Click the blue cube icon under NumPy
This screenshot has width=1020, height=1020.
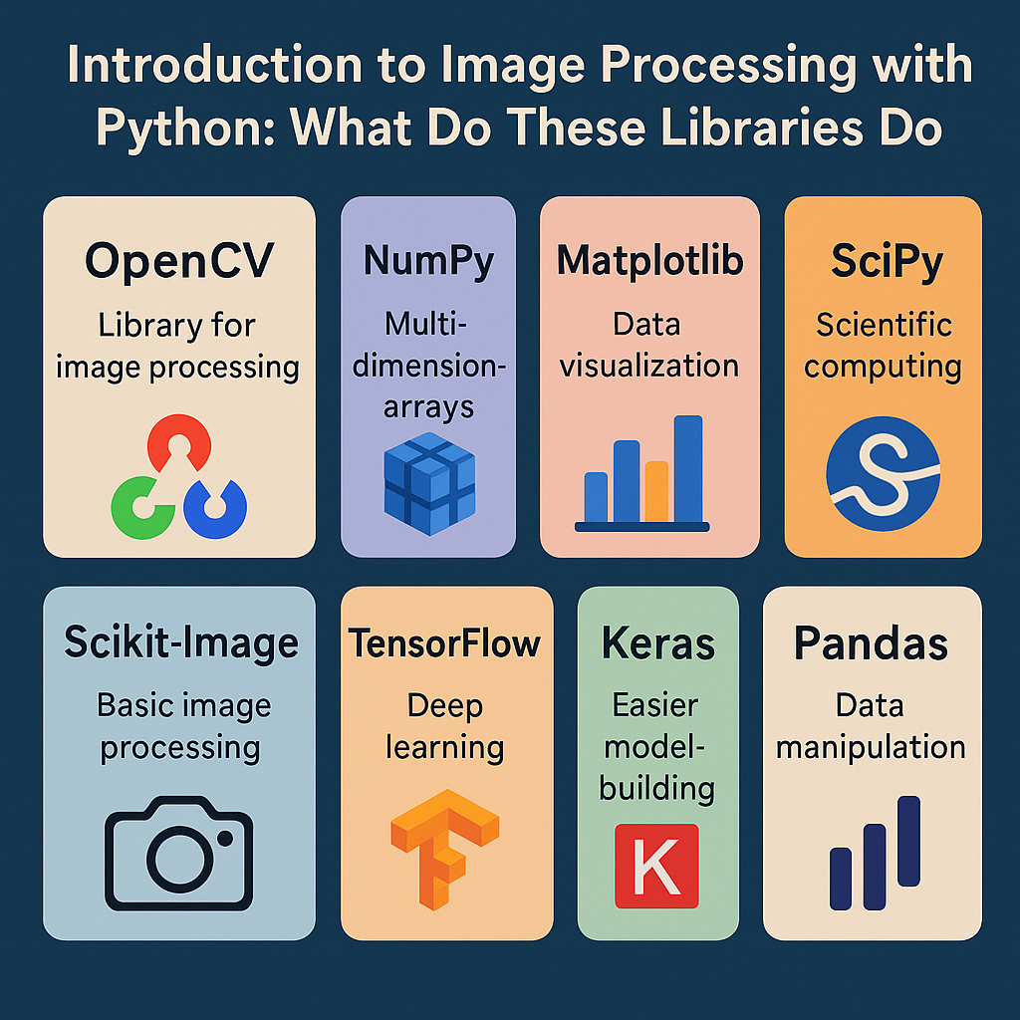pyautogui.click(x=429, y=477)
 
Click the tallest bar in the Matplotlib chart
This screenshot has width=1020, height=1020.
pyautogui.click(x=688, y=468)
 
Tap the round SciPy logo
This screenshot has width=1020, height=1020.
pyautogui.click(x=883, y=474)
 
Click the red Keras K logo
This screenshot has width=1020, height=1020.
pyautogui.click(x=656, y=866)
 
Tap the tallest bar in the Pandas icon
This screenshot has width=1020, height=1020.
pyautogui.click(x=907, y=841)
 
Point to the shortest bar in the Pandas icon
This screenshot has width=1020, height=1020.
pyautogui.click(x=841, y=879)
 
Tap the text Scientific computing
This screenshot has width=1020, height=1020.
pyautogui.click(x=883, y=346)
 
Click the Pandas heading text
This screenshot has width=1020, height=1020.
pyautogui.click(x=872, y=644)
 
